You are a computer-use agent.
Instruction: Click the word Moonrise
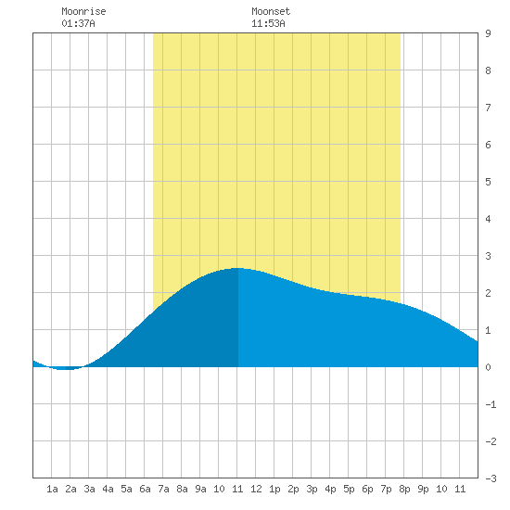click(83, 11)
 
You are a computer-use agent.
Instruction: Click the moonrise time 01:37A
click(78, 23)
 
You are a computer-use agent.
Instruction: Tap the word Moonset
click(271, 11)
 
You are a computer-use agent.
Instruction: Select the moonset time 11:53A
click(268, 23)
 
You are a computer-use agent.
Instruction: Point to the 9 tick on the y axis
click(488, 33)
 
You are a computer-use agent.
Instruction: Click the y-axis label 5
click(488, 182)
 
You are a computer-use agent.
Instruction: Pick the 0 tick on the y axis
click(488, 367)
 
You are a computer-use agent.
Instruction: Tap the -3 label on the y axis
click(491, 478)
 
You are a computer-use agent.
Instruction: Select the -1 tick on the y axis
click(491, 404)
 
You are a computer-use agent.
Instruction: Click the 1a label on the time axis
click(52, 489)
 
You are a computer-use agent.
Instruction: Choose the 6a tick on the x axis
click(145, 489)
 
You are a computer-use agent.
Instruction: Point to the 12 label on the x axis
click(256, 489)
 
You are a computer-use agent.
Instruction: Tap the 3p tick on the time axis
click(312, 489)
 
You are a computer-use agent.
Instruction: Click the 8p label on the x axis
click(404, 489)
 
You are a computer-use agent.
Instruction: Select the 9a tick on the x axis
click(200, 489)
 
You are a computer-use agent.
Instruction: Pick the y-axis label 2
click(488, 293)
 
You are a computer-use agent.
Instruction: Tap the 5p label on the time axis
click(349, 489)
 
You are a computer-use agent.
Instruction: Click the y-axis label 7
click(488, 108)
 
